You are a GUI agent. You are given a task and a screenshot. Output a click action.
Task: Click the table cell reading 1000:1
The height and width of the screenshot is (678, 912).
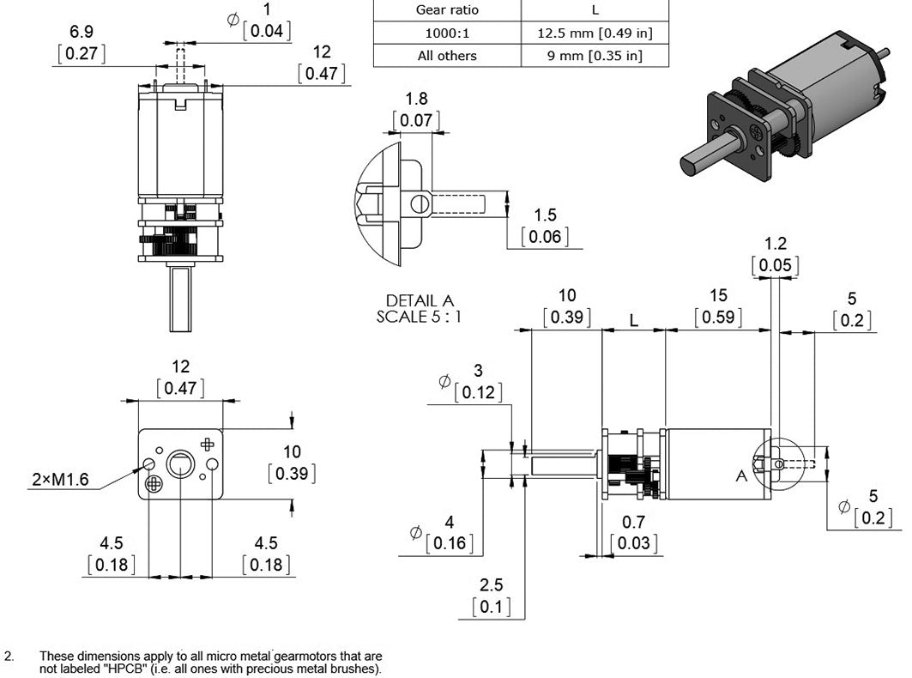coord(447,33)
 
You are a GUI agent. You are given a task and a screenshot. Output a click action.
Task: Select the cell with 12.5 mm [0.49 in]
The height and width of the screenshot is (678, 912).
coord(595,33)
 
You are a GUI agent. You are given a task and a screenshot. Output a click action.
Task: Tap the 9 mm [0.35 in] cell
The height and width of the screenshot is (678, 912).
coord(595,56)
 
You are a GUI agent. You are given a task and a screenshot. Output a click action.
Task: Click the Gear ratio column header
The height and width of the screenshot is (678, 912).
coord(447,10)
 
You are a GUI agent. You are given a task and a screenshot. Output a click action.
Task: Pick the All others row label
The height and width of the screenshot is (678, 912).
coord(447,56)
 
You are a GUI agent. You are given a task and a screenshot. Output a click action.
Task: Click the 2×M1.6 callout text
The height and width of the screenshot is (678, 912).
coord(60,480)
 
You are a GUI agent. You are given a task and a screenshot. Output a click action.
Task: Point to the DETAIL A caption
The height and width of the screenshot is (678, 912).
coord(420,301)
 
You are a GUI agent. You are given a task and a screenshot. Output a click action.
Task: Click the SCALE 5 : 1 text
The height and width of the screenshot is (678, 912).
coord(420,316)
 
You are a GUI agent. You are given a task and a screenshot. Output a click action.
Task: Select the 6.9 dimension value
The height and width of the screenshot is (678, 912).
coord(82,32)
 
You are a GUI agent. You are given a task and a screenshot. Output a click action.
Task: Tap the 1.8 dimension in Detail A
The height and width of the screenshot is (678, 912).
coord(417,99)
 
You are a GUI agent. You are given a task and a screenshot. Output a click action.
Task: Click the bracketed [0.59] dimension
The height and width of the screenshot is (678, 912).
coord(718,318)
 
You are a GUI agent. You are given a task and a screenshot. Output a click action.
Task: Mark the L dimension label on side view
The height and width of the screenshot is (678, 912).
coord(633,320)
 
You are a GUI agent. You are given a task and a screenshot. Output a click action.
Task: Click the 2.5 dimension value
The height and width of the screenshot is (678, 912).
coord(492,585)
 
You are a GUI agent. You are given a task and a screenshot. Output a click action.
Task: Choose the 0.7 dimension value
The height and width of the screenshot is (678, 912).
coord(634,521)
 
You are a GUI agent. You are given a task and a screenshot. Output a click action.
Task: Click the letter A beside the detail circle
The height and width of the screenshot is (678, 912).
coord(741,475)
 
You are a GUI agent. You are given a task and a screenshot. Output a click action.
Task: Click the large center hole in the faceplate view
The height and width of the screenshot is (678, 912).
coord(180,465)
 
